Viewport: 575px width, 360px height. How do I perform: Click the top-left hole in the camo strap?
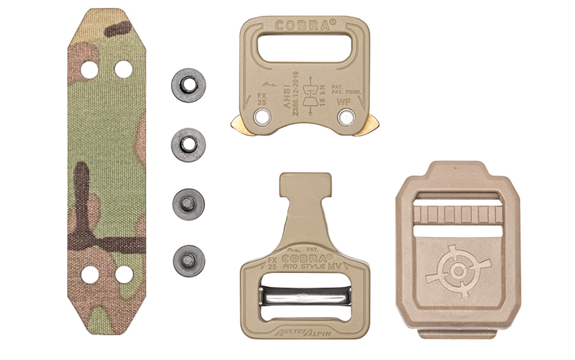tap(88, 69)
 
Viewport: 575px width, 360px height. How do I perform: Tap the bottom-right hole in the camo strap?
tap(124, 274)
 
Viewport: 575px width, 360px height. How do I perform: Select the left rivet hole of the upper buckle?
tap(257, 116)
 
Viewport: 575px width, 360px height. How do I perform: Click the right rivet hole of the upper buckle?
tap(347, 116)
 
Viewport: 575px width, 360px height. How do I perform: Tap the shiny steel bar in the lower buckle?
tap(305, 295)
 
